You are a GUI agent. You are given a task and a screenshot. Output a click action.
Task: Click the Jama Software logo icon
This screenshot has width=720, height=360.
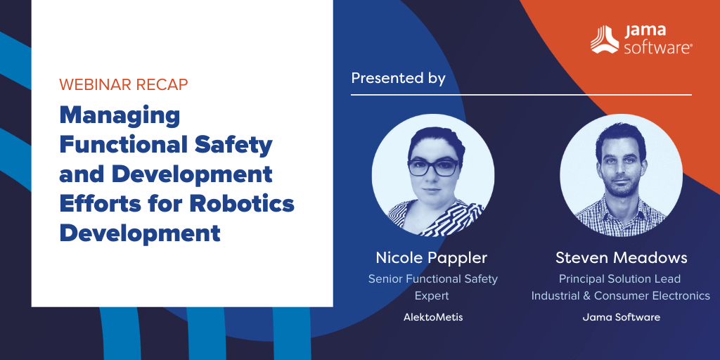[604, 39]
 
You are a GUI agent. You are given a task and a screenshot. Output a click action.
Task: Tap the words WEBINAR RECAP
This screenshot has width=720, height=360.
[124, 84]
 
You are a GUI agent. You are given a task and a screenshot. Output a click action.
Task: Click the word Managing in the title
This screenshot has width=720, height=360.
[120, 117]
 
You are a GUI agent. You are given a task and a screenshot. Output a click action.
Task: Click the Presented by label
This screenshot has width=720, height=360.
[398, 78]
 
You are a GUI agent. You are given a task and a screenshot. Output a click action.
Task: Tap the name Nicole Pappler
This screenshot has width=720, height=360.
[431, 257]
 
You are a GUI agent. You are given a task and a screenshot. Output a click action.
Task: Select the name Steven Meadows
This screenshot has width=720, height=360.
[622, 257]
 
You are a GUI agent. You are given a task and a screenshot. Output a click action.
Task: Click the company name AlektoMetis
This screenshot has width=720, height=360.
[433, 317]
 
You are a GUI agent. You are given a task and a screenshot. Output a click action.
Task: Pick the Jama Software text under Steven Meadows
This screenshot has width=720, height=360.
[622, 317]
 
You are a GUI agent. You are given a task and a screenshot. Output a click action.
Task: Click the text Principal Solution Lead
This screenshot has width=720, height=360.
[619, 278]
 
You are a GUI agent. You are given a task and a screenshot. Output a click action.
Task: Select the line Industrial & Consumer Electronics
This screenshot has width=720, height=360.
[621, 296]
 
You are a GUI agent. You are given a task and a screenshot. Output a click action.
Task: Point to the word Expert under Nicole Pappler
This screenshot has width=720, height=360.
[432, 296]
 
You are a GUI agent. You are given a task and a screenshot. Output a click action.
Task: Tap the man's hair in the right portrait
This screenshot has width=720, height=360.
[621, 136]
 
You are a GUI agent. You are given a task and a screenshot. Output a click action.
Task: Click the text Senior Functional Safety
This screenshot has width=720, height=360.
[433, 278]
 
